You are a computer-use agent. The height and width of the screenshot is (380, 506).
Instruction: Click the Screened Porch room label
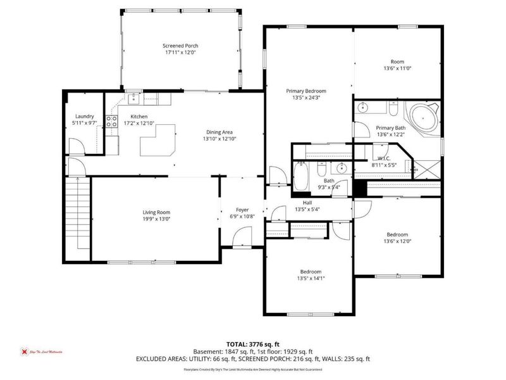[182, 46]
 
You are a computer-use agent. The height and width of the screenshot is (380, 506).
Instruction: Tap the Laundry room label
[84, 116]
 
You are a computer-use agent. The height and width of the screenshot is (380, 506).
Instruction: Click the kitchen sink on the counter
[134, 98]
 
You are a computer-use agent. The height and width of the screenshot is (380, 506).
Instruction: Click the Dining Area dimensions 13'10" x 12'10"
[219, 139]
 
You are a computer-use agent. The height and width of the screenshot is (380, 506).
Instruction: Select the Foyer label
[242, 210]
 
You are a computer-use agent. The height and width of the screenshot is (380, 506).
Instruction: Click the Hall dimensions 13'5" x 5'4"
[308, 209]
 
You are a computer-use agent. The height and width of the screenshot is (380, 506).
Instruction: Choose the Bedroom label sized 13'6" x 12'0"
[397, 241]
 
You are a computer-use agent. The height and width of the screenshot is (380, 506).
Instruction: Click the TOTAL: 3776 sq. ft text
[253, 343]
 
